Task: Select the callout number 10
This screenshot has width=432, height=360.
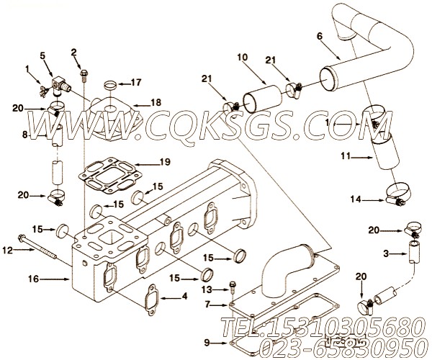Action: tap(241, 57)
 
